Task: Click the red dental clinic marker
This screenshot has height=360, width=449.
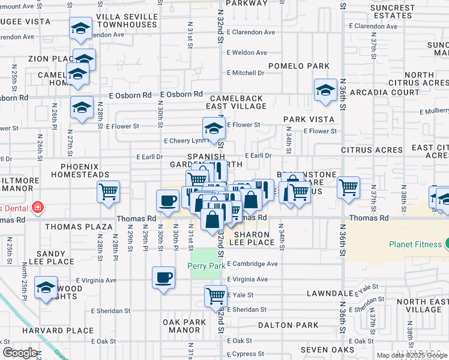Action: [x=37, y=208]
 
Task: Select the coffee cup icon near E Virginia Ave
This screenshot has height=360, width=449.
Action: [x=164, y=278]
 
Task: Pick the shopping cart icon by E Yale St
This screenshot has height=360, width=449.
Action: [x=215, y=295]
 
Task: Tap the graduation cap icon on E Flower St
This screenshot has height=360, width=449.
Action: [x=213, y=128]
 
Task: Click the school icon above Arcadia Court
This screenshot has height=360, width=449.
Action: [x=325, y=90]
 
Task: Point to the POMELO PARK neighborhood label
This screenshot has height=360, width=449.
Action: [x=299, y=66]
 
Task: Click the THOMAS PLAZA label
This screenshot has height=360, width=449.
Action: [x=79, y=227]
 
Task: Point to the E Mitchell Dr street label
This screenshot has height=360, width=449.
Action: [x=246, y=73]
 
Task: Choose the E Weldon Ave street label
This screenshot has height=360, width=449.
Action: [x=247, y=53]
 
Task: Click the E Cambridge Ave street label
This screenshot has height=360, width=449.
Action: [x=252, y=263]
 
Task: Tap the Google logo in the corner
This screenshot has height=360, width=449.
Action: [x=20, y=353]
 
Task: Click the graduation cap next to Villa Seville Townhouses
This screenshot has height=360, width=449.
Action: [x=80, y=28]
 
